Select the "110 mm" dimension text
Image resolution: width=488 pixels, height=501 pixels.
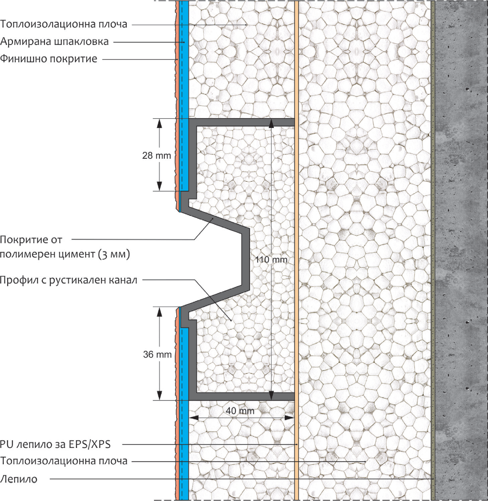271,260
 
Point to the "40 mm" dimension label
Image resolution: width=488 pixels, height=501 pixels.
240,411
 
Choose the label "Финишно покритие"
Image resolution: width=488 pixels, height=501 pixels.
49,59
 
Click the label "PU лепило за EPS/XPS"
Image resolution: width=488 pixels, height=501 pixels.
55,445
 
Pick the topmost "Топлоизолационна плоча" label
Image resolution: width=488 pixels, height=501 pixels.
64,24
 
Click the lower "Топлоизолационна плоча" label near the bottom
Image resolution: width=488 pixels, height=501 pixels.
64,461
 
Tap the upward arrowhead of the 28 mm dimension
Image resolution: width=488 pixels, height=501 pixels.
159,123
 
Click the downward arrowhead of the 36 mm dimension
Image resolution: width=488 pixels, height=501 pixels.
159,396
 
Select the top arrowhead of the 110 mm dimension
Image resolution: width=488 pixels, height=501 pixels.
271,123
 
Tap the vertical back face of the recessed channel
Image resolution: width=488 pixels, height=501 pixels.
245,258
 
